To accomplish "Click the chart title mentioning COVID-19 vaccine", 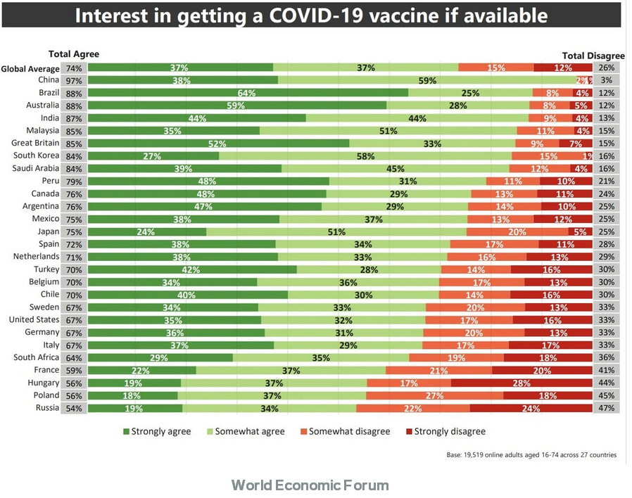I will (x=311, y=15).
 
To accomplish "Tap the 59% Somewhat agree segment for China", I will (x=427, y=80).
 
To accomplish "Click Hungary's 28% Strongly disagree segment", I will (x=522, y=383).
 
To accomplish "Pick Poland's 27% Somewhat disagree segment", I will (x=434, y=396).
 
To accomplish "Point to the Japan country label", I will (x=46, y=231).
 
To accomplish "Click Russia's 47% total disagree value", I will (x=607, y=409).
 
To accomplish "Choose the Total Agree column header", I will (x=73, y=54).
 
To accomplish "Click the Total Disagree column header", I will (x=593, y=55).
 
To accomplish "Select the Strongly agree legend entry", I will (x=157, y=431).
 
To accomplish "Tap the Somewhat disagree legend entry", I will (x=344, y=431).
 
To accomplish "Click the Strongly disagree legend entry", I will (x=445, y=431).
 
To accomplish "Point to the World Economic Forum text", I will (x=310, y=485).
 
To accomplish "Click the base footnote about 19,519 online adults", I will (x=531, y=455).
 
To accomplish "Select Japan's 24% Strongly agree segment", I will (x=147, y=231).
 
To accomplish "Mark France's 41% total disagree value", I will (x=607, y=370).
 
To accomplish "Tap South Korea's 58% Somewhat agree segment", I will (x=366, y=156).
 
